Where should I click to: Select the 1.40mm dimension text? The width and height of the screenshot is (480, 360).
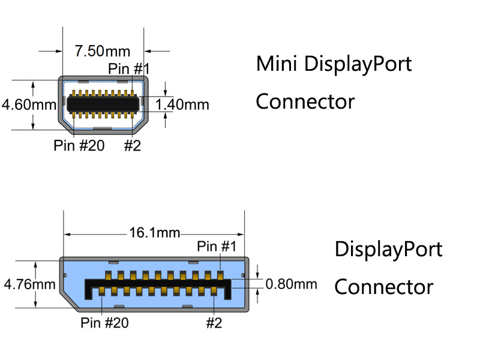coord(182,105)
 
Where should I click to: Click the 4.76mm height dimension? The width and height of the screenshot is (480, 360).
coord(29,284)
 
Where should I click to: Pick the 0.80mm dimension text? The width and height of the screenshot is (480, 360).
coord(291,284)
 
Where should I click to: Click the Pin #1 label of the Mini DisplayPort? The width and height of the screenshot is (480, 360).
coord(128,69)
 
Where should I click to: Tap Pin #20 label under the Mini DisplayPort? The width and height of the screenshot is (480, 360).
coord(79,146)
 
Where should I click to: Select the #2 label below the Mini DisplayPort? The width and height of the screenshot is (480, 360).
coord(132,146)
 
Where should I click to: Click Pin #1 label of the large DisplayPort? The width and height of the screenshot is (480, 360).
coord(217,246)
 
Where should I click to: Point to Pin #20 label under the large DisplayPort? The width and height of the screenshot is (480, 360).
coord(104,323)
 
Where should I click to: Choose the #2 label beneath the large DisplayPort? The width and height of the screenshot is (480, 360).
coord(214,323)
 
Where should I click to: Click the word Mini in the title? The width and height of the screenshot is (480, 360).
coord(277,64)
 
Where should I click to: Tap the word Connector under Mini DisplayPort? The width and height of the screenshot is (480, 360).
coord(305,101)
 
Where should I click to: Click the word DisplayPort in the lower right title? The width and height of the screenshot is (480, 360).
coord(388,249)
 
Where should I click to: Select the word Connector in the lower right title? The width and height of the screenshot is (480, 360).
coord(383,287)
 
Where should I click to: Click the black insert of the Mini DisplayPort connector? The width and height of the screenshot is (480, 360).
coord(102,104)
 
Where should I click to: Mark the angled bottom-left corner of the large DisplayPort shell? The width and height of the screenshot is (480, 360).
coord(68,299)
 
